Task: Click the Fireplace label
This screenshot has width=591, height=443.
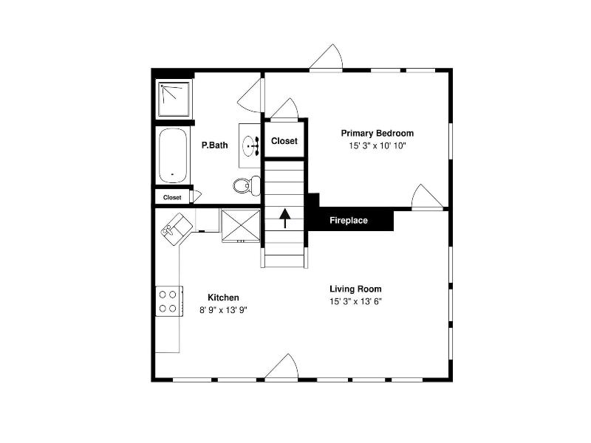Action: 349,220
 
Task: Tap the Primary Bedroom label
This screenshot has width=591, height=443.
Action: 378,133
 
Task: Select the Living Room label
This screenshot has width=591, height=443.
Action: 355,289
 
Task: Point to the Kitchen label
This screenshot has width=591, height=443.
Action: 224,298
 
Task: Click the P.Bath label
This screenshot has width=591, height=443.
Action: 214,145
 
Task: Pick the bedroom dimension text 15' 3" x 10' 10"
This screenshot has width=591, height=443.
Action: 378,145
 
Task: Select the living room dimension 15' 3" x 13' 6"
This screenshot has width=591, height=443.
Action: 355,302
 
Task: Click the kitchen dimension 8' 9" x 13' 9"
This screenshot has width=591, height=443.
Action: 224,310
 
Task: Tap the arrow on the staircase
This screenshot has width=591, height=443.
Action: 285,219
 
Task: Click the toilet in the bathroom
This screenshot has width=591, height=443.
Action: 247,185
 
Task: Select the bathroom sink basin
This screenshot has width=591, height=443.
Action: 249,145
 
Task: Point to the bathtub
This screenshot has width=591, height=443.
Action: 173,156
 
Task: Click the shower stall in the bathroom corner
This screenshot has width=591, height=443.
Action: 174,99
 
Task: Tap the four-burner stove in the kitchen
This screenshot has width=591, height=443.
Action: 169,301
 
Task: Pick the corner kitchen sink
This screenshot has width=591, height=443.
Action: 177,229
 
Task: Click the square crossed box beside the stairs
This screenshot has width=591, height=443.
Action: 241,225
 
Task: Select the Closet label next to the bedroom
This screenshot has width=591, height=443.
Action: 284,141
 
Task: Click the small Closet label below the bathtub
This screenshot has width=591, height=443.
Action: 172,197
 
